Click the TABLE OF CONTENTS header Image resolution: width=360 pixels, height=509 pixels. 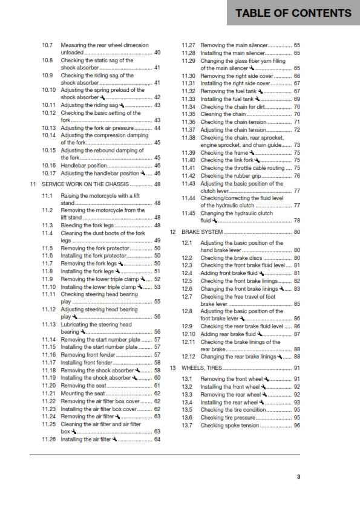point(293,13)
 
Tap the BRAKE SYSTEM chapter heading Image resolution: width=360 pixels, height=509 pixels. point(203,232)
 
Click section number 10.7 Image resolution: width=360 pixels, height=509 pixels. point(48,45)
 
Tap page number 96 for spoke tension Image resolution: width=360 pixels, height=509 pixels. point(296,426)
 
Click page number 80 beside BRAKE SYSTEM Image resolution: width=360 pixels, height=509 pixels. point(296,232)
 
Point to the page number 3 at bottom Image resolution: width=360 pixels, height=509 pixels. point(298,478)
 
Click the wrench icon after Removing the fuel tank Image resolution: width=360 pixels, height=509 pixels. point(260,91)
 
